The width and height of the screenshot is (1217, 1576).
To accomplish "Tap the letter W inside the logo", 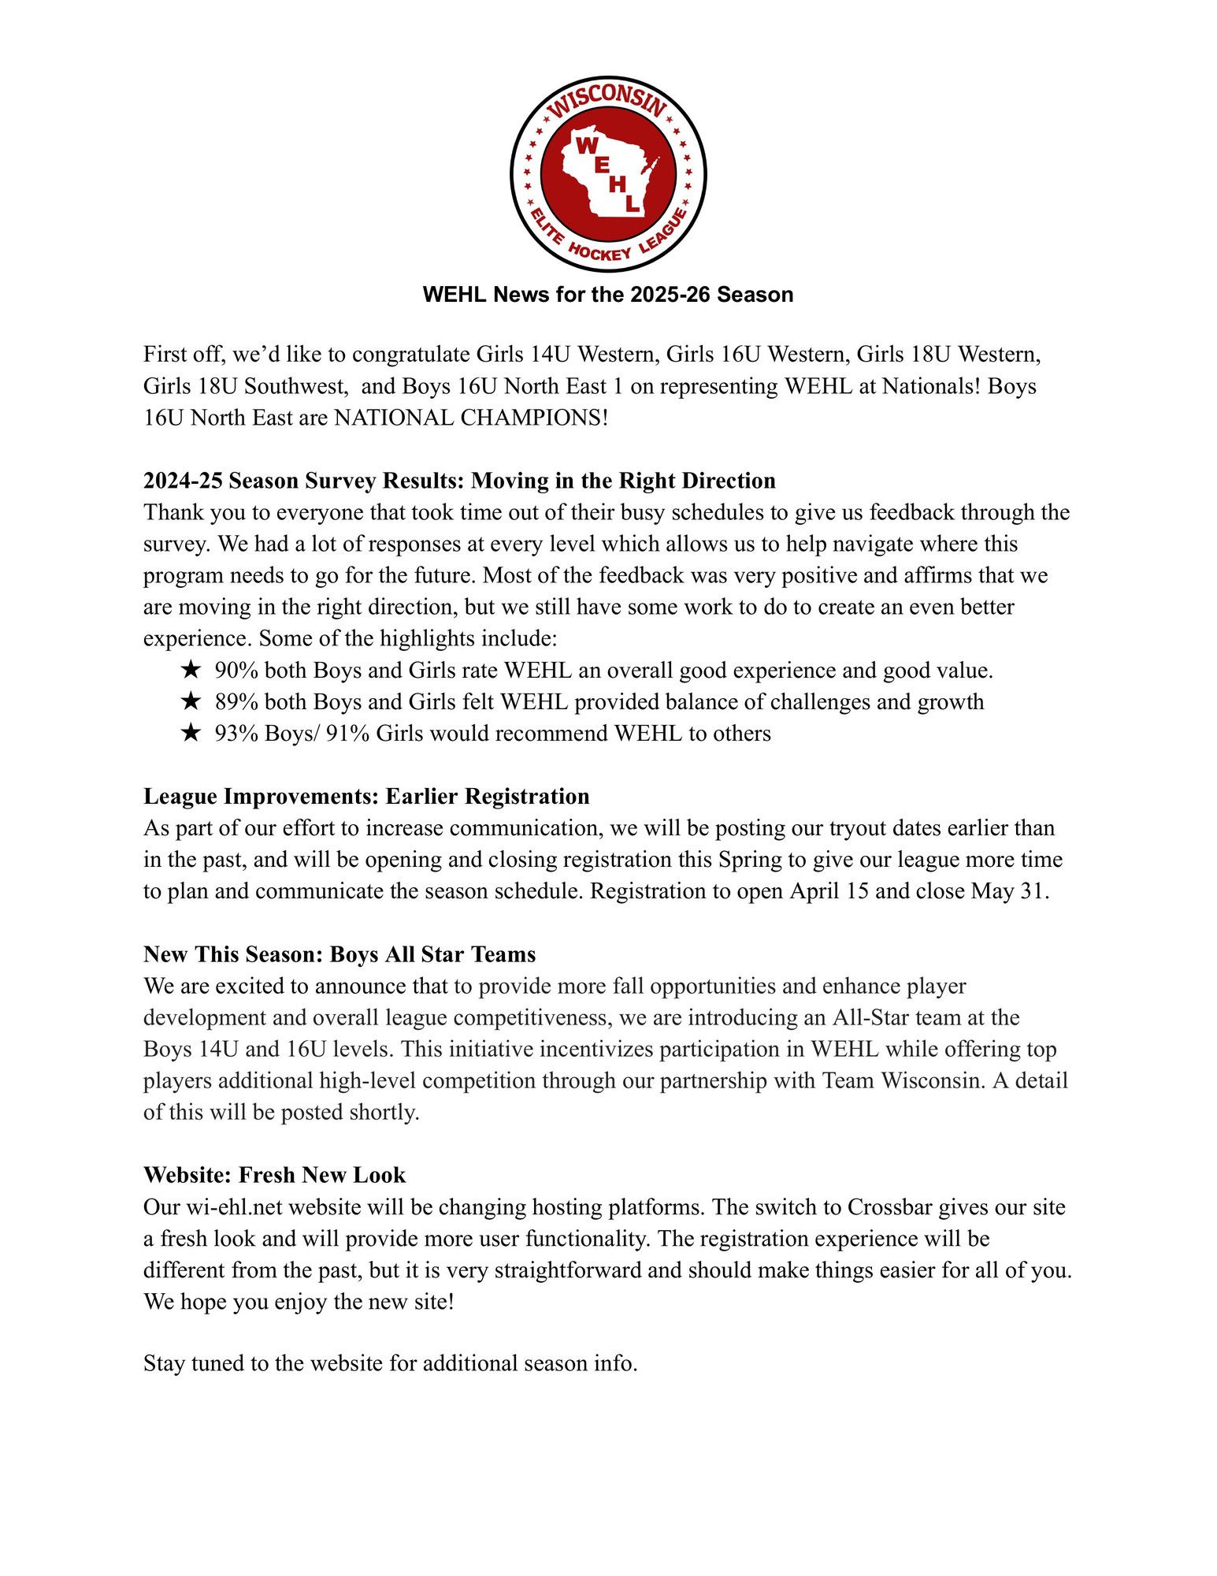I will click(587, 145).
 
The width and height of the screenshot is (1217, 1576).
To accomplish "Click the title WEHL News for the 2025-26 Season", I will click(608, 295).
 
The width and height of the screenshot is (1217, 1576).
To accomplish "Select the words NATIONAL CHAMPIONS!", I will click(471, 418).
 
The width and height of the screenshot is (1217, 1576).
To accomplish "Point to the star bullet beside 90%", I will click(190, 671).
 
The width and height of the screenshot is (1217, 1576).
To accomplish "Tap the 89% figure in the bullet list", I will click(236, 702).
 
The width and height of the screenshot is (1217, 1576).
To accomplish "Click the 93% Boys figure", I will click(264, 734).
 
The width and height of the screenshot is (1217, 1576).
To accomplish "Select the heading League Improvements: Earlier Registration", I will click(366, 797).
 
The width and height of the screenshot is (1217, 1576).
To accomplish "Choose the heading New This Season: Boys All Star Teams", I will click(339, 954).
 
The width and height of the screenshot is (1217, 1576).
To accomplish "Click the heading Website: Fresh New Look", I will click(274, 1175).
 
